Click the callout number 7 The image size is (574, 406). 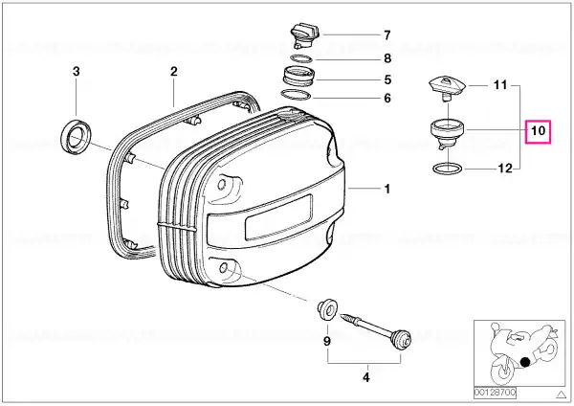pyautogui.click(x=387, y=35)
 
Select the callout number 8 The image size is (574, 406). pyautogui.click(x=387, y=58)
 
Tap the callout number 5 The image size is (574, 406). pyautogui.click(x=387, y=79)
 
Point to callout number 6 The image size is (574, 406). pyautogui.click(x=387, y=99)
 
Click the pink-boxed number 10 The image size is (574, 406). pyautogui.click(x=538, y=131)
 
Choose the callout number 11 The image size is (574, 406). pyautogui.click(x=500, y=85)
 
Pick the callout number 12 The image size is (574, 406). pyautogui.click(x=505, y=169)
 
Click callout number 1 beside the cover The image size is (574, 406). pyautogui.click(x=387, y=189)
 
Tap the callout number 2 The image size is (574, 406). pyautogui.click(x=173, y=71)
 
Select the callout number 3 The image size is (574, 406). pyautogui.click(x=76, y=71)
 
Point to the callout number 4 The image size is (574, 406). pyautogui.click(x=366, y=377)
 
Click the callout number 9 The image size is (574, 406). pyautogui.click(x=327, y=341)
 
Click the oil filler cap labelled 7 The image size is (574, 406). pyautogui.click(x=305, y=36)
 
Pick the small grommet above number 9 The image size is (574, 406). pyautogui.click(x=327, y=309)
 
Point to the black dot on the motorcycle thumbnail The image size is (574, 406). pyautogui.click(x=525, y=362)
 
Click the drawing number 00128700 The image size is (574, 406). pyautogui.click(x=495, y=394)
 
